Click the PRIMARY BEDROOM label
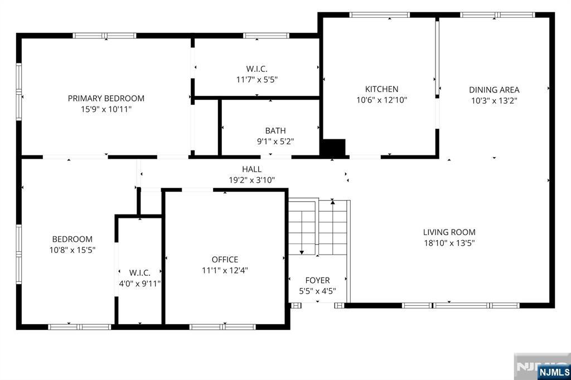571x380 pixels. pyautogui.click(x=106, y=98)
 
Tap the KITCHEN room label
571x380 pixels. pyautogui.click(x=381, y=89)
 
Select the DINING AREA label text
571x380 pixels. pyautogui.click(x=494, y=90)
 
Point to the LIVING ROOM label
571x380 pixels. pyautogui.click(x=449, y=232)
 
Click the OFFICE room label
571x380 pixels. pyautogui.click(x=225, y=260)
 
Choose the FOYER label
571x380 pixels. pyautogui.click(x=317, y=280)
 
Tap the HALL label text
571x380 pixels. pyautogui.click(x=251, y=169)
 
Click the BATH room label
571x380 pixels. pyautogui.click(x=275, y=131)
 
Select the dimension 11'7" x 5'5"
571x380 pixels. pyautogui.click(x=257, y=80)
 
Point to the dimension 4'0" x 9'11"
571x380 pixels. pyautogui.click(x=139, y=283)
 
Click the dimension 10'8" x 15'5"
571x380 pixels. pyautogui.click(x=72, y=250)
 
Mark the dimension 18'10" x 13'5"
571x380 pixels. pyautogui.click(x=449, y=243)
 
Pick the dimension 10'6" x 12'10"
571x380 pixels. pyautogui.click(x=381, y=100)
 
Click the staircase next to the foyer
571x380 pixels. pyautogui.click(x=318, y=226)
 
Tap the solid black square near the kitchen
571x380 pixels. pyautogui.click(x=333, y=147)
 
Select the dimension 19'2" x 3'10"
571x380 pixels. pyautogui.click(x=251, y=180)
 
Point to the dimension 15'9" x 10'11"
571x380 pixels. pyautogui.click(x=106, y=109)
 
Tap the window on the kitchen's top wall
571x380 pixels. pyautogui.click(x=379, y=15)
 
